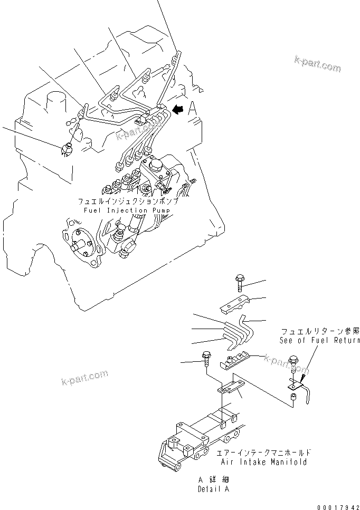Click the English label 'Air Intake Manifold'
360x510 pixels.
click(x=262, y=462)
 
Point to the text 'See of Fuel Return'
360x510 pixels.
click(x=320, y=341)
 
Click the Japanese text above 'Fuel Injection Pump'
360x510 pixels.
click(x=128, y=202)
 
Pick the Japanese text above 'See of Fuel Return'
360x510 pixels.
click(x=320, y=331)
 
